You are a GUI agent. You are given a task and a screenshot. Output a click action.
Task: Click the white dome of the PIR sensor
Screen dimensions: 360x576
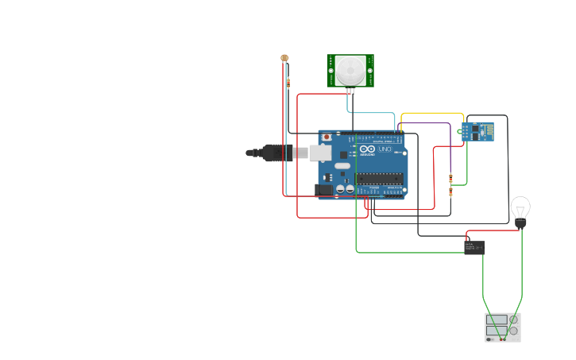tap(350, 70)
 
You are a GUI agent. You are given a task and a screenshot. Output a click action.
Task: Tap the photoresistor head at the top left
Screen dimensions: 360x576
tap(284, 58)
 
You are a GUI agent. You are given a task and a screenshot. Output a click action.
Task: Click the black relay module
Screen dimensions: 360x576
tap(474, 247)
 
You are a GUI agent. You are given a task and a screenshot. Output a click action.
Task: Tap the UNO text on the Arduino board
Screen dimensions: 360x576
tap(384, 149)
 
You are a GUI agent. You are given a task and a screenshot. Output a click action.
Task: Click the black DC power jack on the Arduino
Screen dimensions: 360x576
tap(323, 189)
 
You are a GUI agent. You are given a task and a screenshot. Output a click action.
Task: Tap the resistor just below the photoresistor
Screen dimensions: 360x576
tap(288, 83)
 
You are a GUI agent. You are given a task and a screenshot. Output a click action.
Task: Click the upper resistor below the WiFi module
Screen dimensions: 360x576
tap(451, 178)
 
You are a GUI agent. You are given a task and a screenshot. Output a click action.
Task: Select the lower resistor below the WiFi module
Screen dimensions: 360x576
tap(451, 192)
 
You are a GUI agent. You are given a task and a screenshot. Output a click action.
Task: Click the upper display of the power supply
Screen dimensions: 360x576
tap(497, 319)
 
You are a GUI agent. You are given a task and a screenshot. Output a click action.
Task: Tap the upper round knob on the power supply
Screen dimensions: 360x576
tap(514, 319)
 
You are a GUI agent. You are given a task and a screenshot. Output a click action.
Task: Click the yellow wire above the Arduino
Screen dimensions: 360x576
tap(433, 114)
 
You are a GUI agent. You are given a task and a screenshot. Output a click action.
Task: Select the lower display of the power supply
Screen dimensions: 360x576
tap(497, 330)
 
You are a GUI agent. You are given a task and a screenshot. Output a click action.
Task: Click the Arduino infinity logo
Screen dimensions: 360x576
tap(365, 149)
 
